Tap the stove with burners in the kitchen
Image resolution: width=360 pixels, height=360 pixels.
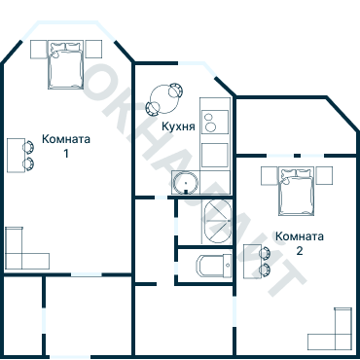[x=214, y=120]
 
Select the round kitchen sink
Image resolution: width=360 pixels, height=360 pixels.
[x=185, y=182]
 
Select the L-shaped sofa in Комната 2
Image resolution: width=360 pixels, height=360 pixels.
[x=332, y=332]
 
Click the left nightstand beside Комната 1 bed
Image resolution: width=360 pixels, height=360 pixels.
[x=39, y=49]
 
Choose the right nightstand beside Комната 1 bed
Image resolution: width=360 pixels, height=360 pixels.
[x=93, y=49]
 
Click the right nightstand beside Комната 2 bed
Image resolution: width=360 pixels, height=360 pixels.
[x=324, y=175]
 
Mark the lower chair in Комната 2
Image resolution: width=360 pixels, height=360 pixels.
[x=265, y=268]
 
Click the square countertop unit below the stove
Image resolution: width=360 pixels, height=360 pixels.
[x=214, y=155]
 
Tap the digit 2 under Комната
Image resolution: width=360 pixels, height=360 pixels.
[x=299, y=250]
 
